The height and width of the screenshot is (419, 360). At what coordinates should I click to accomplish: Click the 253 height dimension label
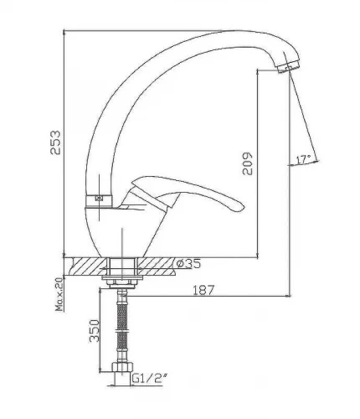(x=55, y=142)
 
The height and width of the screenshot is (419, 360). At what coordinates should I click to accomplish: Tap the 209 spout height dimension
(x=247, y=163)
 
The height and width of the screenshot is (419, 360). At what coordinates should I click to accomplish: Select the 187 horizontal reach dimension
(x=203, y=290)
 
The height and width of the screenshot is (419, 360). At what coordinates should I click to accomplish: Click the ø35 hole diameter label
(x=188, y=263)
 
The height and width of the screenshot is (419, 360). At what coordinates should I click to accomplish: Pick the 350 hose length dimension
(x=95, y=331)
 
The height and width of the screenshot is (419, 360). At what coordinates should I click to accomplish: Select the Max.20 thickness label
(x=59, y=295)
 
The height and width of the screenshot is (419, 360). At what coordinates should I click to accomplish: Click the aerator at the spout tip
(x=289, y=66)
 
